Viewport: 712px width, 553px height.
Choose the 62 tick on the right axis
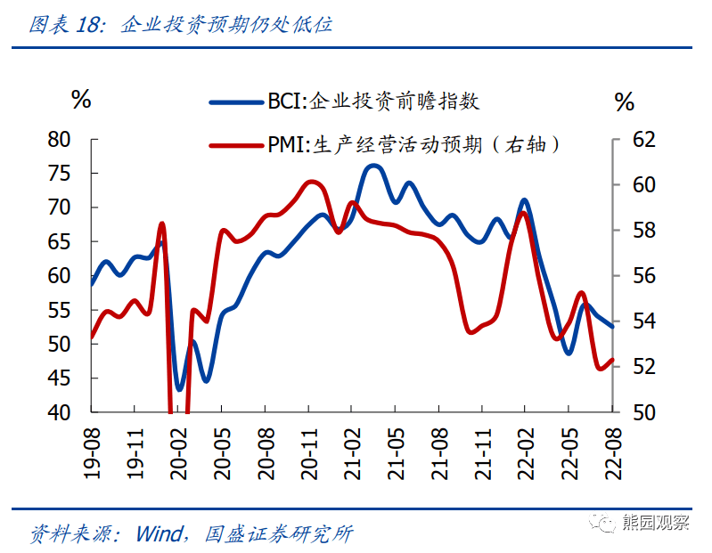643,140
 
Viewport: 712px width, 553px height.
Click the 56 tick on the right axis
643,276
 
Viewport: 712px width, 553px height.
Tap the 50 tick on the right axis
643,412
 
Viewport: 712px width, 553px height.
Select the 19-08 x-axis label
91,451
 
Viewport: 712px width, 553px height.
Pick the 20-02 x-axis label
178,451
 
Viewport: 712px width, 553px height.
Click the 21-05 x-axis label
396,451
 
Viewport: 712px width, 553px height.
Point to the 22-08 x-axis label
613,451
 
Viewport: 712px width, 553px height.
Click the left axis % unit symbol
81,100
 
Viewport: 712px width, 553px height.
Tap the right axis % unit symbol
625,101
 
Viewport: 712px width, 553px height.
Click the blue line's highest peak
373,165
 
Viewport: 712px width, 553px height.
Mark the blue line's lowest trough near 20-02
180,390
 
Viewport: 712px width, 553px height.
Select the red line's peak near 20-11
312,181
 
